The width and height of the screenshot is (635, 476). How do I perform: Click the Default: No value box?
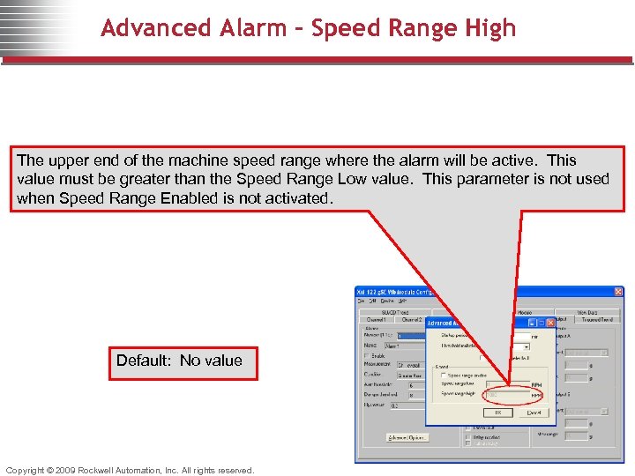click(x=183, y=361)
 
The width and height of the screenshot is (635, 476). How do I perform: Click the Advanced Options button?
click(x=407, y=438)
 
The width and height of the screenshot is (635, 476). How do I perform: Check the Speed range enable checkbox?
click(x=443, y=376)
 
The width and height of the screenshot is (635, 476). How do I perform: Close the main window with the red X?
click(x=618, y=292)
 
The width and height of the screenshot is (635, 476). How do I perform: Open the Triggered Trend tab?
click(x=597, y=319)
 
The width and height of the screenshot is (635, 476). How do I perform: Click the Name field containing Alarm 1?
click(x=411, y=346)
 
